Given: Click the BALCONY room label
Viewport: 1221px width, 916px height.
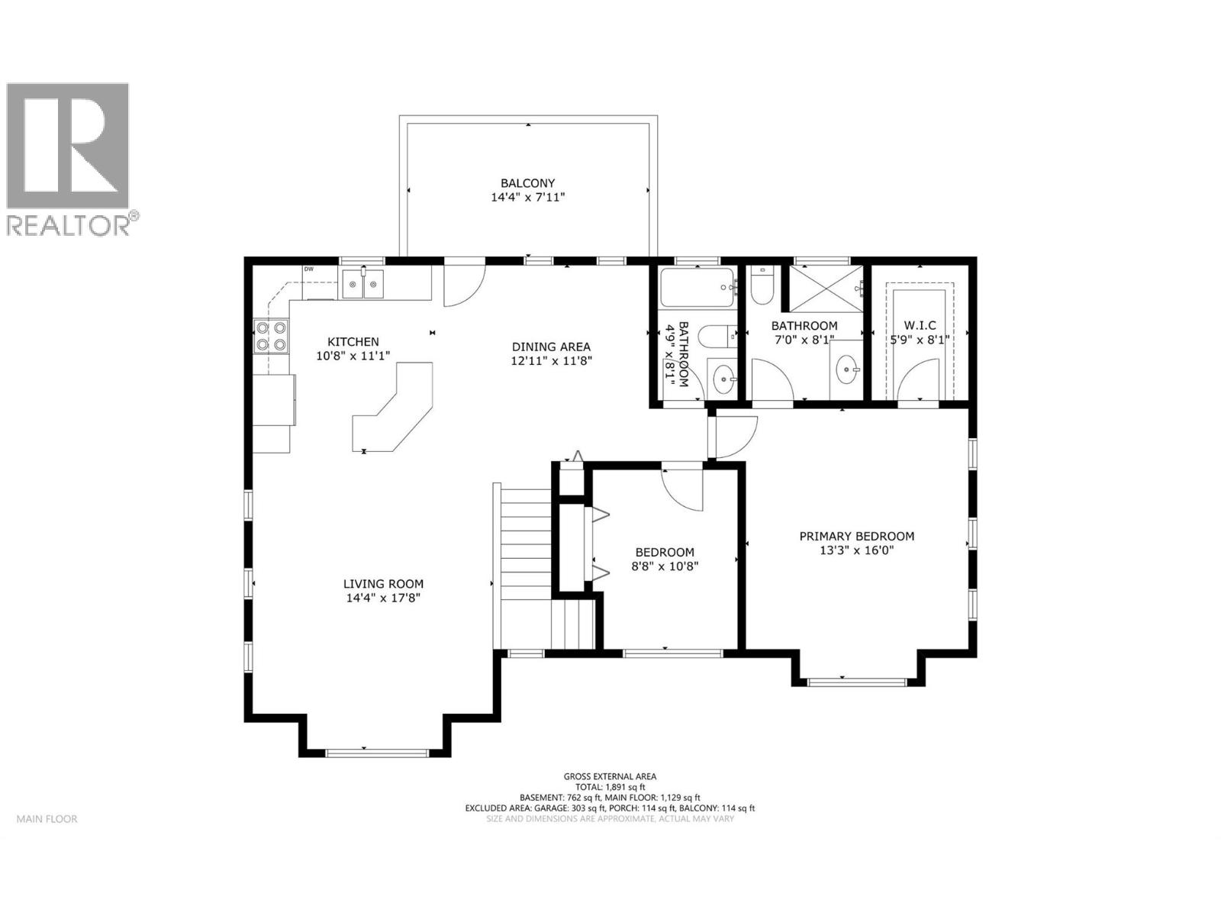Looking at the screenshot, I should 527,183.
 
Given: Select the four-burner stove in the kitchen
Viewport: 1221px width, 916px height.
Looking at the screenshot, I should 271,337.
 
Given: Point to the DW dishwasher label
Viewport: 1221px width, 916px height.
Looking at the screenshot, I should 309,269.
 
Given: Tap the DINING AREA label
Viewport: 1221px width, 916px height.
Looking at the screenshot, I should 551,347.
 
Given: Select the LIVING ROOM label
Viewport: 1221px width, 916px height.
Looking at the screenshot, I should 383,584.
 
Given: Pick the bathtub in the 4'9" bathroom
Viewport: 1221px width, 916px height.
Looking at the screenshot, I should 697,289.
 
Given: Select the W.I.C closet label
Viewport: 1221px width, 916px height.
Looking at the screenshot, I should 920,326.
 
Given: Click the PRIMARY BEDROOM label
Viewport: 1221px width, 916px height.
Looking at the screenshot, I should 856,537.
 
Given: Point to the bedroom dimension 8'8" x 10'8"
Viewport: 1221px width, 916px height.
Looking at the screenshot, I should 665,566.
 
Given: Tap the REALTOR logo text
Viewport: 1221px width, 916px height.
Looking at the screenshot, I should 72,224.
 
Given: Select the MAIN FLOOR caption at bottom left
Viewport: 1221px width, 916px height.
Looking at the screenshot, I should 47,819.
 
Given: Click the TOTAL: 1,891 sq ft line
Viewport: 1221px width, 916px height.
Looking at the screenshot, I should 610,787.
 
